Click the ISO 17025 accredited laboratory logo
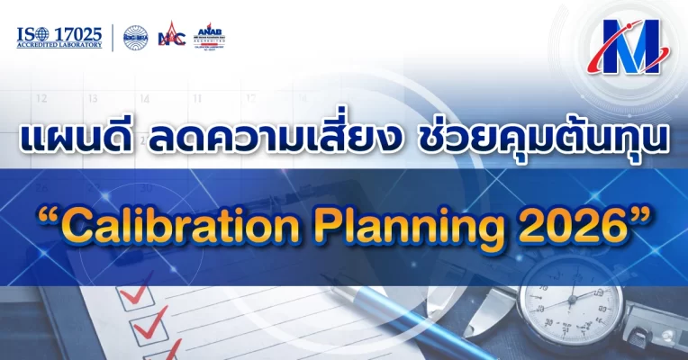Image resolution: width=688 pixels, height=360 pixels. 59,37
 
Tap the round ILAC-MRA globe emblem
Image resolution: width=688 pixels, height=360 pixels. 136,37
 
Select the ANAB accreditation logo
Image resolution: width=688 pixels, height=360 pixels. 210,36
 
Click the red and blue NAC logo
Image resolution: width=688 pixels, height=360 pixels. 171,37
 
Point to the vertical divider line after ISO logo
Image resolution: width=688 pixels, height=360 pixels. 112,37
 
